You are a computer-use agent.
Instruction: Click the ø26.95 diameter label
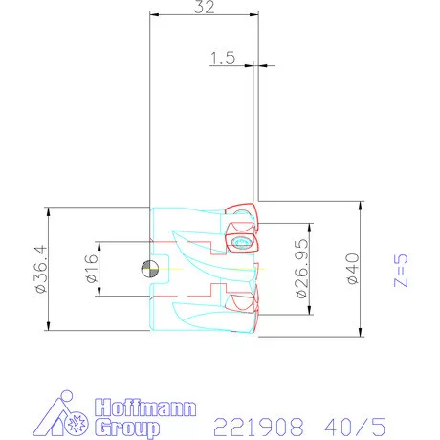click(x=302, y=270)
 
